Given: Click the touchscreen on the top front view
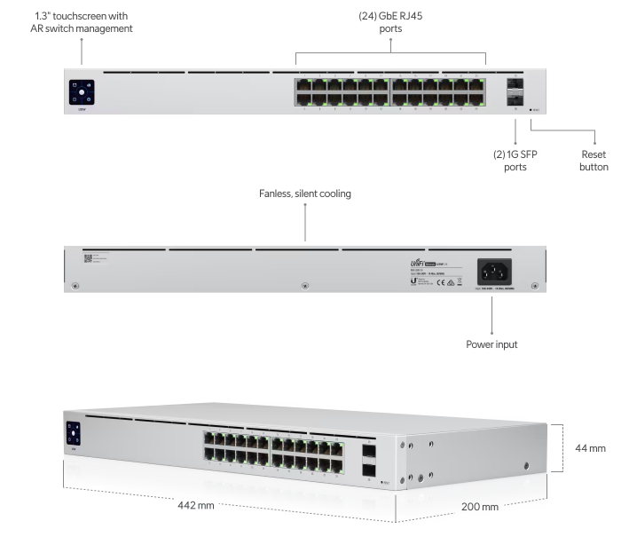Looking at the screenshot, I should [x=82, y=92].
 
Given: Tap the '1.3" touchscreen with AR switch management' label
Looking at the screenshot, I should [x=82, y=22].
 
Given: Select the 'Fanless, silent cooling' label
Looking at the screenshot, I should [x=304, y=193].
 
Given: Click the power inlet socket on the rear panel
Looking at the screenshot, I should [x=497, y=268].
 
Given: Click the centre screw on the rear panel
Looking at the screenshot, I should [x=304, y=286].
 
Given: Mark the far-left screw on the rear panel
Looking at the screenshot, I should [x=75, y=286].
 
